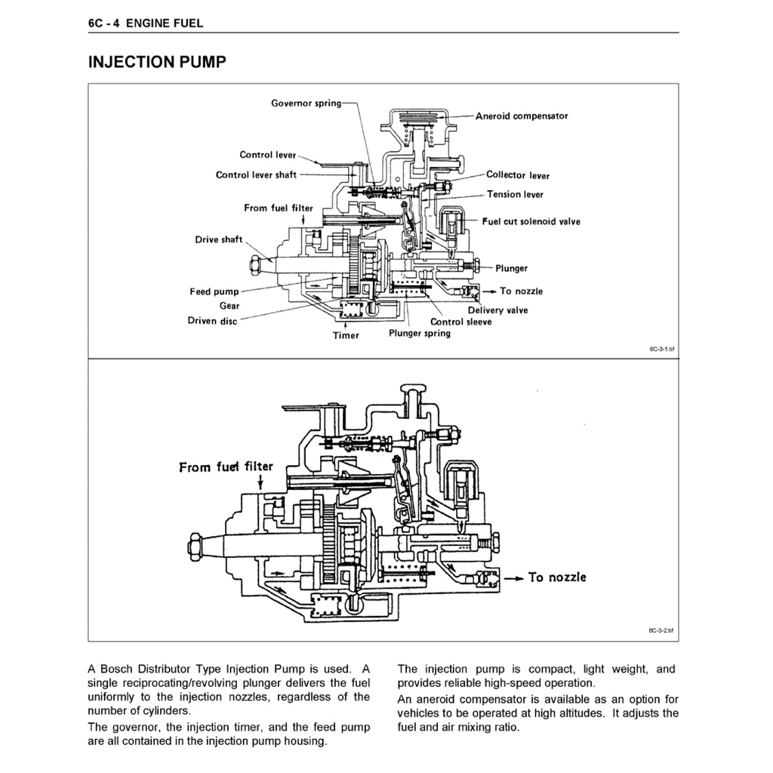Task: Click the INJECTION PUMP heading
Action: pyautogui.click(x=157, y=62)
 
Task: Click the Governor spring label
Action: pyautogui.click(x=306, y=103)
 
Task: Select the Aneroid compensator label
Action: pyautogui.click(x=522, y=116)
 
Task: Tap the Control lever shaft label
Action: pyautogui.click(x=256, y=175)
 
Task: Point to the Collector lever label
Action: pyautogui.click(x=518, y=175)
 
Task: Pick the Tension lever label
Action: pyautogui.click(x=515, y=195)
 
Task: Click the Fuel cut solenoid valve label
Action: pyautogui.click(x=531, y=222)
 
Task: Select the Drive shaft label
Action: pyautogui.click(x=219, y=240)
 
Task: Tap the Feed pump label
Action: pyautogui.click(x=214, y=291)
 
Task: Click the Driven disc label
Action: pyautogui.click(x=212, y=321)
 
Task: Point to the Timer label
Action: pyautogui.click(x=346, y=336)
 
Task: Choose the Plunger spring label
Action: pyautogui.click(x=420, y=334)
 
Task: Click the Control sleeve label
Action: pyautogui.click(x=460, y=322)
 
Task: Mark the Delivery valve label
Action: pyautogui.click(x=497, y=310)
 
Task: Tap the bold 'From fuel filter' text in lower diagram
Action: pyautogui.click(x=226, y=467)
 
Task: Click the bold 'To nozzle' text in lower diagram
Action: pyautogui.click(x=556, y=577)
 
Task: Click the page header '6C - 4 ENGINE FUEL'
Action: pyautogui.click(x=146, y=23)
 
